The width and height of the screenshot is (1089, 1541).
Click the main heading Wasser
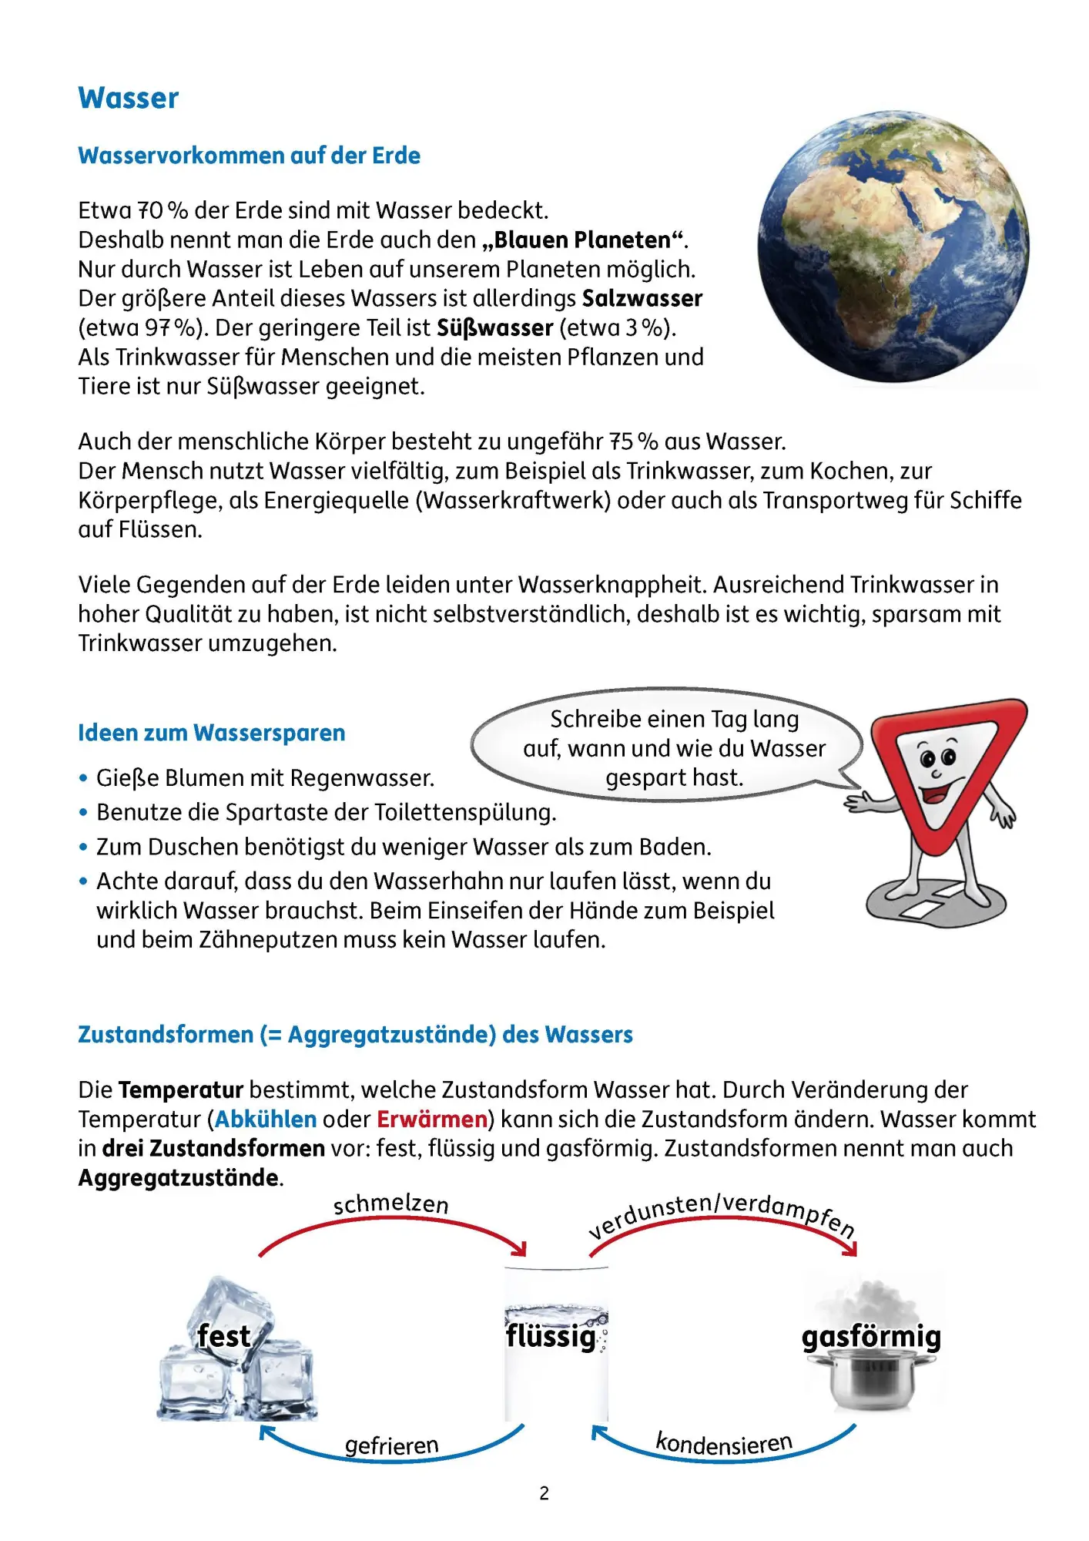pyautogui.click(x=129, y=99)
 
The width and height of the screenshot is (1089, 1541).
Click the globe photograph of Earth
pyautogui.click(x=893, y=247)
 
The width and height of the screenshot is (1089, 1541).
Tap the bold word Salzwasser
pyautogui.click(x=642, y=298)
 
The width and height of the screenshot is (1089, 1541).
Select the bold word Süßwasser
pyautogui.click(x=495, y=327)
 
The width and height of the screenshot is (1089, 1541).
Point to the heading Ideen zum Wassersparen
pyautogui.click(x=211, y=733)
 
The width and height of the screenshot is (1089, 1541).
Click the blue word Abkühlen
pyautogui.click(x=266, y=1119)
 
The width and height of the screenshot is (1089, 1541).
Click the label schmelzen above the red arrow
pyautogui.click(x=390, y=1204)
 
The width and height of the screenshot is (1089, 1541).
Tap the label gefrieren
pyautogui.click(x=391, y=1445)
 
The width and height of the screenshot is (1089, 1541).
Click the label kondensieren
pyautogui.click(x=723, y=1442)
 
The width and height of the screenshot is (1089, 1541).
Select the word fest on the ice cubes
pyautogui.click(x=223, y=1336)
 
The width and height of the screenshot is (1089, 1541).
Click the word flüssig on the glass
pyautogui.click(x=551, y=1335)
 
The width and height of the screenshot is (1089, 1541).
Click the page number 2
pyautogui.click(x=544, y=1493)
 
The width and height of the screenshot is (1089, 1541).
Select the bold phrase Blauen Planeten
pyautogui.click(x=582, y=240)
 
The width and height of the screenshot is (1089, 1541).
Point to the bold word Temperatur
pyautogui.click(x=181, y=1089)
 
